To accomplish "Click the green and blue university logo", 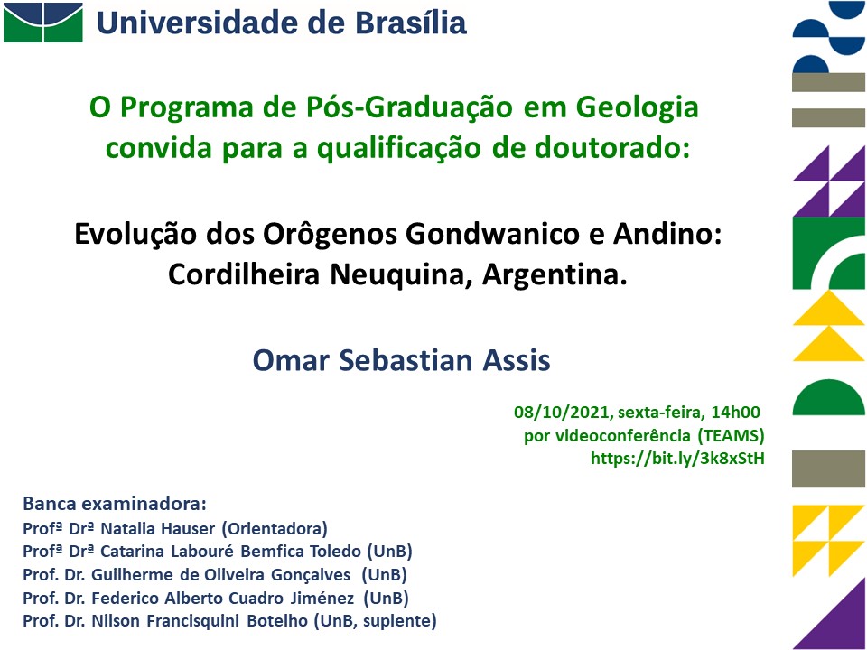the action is tap(43, 22).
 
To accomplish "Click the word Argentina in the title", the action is tap(555, 274).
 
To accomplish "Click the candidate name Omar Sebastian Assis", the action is tap(401, 360).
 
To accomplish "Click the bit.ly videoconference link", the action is tap(678, 459).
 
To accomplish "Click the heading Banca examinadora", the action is tap(115, 504).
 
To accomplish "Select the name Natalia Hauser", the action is tap(157, 529).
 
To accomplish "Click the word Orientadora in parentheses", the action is tap(275, 529).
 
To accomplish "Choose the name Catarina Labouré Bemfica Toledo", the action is tap(230, 552).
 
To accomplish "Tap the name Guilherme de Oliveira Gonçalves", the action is tap(220, 575).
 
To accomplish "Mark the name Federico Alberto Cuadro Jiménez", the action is tap(222, 598).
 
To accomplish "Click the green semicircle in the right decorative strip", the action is tap(828, 397).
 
